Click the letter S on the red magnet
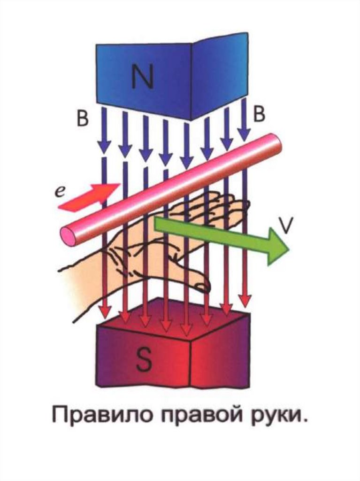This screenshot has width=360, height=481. [x=143, y=360]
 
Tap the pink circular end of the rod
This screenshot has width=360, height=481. [x=69, y=235]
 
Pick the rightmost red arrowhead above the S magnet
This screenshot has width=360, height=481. [x=245, y=300]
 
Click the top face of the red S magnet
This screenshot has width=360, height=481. [x=174, y=319]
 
